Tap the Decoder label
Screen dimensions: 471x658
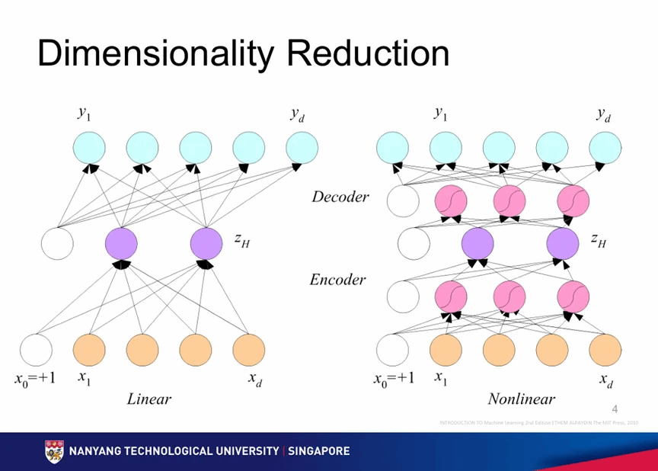tap(340, 197)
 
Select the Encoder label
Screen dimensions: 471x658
tap(337, 280)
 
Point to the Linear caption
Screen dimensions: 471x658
tap(149, 399)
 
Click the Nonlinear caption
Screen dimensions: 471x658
tap(522, 399)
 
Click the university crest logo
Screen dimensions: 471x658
tap(54, 451)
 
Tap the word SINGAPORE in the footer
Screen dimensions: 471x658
tap(318, 451)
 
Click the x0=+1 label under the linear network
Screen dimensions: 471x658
tap(36, 379)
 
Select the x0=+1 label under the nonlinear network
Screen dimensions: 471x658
tap(394, 379)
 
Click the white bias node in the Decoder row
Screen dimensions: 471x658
tap(403, 201)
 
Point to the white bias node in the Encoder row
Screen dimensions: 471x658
tap(403, 296)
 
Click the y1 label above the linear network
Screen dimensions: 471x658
tap(84, 113)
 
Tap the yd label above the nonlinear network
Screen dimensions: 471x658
tap(604, 115)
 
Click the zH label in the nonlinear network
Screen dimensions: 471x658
tap(599, 240)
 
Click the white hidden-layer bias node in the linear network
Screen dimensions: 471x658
tap(57, 244)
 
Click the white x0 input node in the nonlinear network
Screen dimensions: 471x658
tap(394, 350)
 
